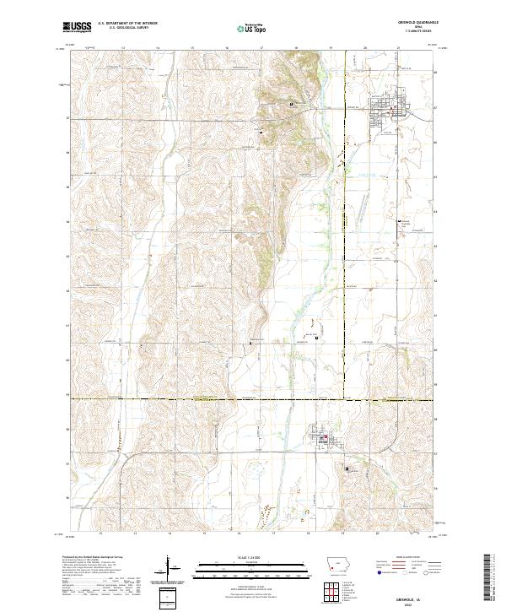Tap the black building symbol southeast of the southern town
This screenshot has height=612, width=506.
pos(346,466)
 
